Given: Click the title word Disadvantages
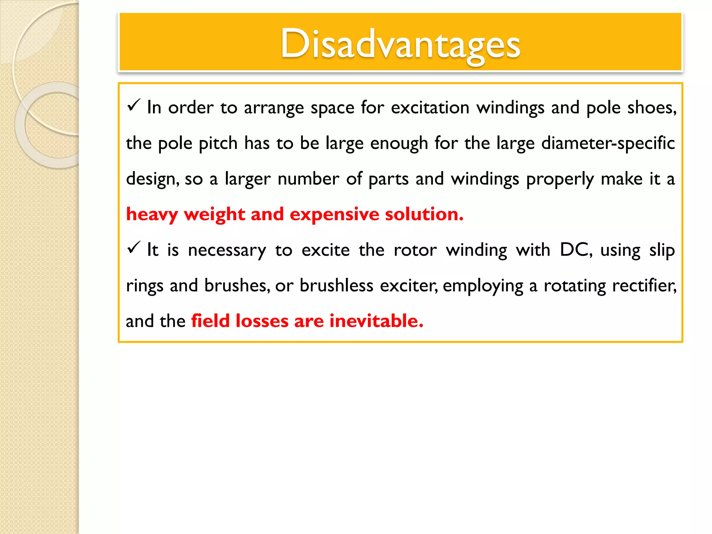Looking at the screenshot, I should [x=400, y=44].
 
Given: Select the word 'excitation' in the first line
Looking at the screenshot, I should [x=430, y=107].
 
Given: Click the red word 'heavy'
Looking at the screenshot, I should [x=152, y=214].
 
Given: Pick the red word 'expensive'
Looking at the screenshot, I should [x=334, y=214].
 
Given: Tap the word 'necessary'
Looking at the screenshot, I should [x=227, y=250].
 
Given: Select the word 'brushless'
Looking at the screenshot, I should [x=336, y=285].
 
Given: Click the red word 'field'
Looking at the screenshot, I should [x=210, y=321].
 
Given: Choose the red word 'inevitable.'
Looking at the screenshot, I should [x=376, y=321].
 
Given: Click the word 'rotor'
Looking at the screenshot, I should [x=415, y=250].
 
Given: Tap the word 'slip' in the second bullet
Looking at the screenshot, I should [x=662, y=250].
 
